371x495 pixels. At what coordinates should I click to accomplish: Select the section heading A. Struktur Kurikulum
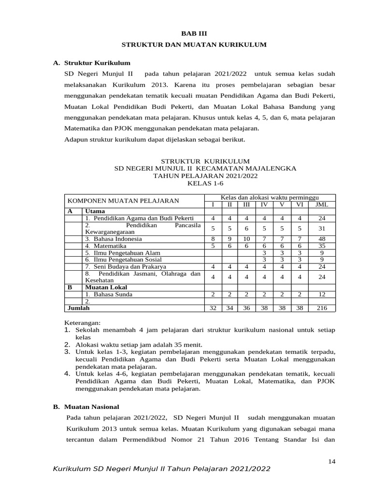tap(91, 63)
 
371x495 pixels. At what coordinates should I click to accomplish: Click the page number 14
tap(331, 461)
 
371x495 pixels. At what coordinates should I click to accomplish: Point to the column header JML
tap(321, 204)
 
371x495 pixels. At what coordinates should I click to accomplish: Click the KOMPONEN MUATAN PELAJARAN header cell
tap(123, 201)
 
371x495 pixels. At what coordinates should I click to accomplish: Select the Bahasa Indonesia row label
tap(114, 239)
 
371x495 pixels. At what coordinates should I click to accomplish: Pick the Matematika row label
tap(105, 246)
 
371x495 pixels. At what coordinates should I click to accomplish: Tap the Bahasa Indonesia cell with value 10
tap(246, 239)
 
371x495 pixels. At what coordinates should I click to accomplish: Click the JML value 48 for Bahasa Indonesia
tap(321, 239)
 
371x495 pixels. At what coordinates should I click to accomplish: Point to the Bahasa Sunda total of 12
tap(321, 294)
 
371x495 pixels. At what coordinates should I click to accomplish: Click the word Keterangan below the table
tap(83, 322)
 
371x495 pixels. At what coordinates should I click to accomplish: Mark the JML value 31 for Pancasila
tap(321, 228)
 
